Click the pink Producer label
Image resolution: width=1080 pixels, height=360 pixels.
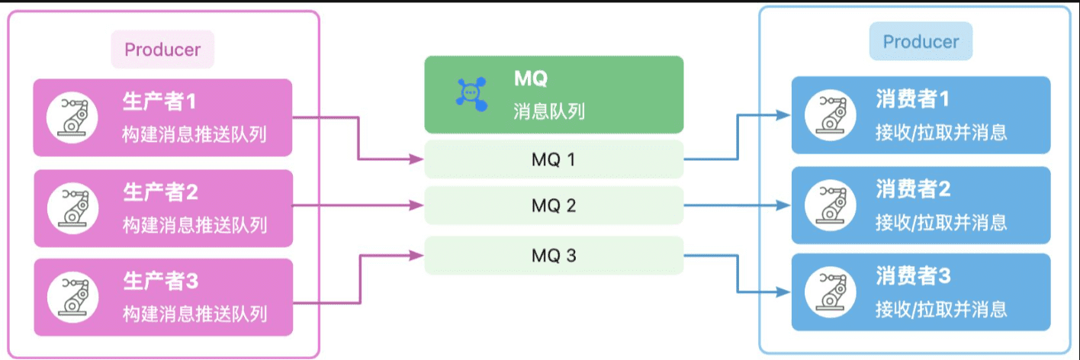pyautogui.click(x=162, y=50)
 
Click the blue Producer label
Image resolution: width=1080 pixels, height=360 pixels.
pyautogui.click(x=921, y=42)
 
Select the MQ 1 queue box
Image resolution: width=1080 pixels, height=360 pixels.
pyautogui.click(x=554, y=159)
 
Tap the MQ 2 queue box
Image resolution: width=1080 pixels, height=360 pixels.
pyautogui.click(x=554, y=206)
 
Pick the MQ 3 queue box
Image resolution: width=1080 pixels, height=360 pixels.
pyautogui.click(x=554, y=256)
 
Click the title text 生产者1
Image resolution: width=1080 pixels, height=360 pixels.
pyautogui.click(x=159, y=101)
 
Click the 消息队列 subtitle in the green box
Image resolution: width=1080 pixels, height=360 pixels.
pyautogui.click(x=549, y=112)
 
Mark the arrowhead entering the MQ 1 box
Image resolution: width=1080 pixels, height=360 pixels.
pyautogui.click(x=417, y=159)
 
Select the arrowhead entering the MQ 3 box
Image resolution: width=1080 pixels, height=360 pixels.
pyautogui.click(x=417, y=256)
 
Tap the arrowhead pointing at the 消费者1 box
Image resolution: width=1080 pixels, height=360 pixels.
pyautogui.click(x=784, y=115)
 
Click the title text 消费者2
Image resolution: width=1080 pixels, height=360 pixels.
pyautogui.click(x=913, y=188)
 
